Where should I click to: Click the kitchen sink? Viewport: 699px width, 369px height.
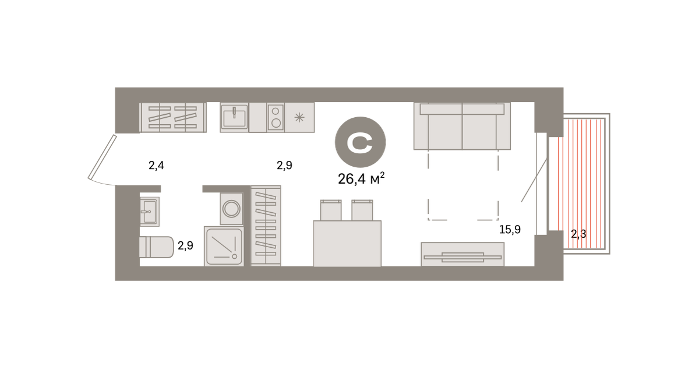click(234, 117)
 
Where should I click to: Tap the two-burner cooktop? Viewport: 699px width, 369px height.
click(276, 117)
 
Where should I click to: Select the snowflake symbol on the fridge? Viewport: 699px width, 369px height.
click(299, 117)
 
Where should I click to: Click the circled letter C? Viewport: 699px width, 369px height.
click(361, 142)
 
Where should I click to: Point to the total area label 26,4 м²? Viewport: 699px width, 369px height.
click(361, 178)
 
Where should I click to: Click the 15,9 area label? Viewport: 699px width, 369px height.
click(510, 230)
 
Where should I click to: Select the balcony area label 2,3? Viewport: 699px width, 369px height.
click(578, 234)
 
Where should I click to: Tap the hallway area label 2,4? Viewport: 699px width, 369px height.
click(156, 166)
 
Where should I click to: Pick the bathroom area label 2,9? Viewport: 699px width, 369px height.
click(185, 245)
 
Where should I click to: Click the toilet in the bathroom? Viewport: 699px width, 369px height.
click(156, 247)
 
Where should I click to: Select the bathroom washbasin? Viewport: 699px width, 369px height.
click(150, 212)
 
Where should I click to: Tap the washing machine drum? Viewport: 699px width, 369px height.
click(231, 209)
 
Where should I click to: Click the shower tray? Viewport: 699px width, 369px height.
click(224, 247)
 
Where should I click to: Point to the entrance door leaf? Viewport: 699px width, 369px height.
click(102, 157)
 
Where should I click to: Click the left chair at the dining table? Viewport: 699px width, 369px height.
click(331, 210)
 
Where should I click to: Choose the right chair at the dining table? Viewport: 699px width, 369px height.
click(362, 210)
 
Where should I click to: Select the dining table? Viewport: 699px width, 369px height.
click(347, 244)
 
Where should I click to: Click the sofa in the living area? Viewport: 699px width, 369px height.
click(462, 126)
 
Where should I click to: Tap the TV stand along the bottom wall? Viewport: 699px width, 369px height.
click(463, 254)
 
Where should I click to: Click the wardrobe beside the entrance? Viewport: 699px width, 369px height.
click(173, 117)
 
